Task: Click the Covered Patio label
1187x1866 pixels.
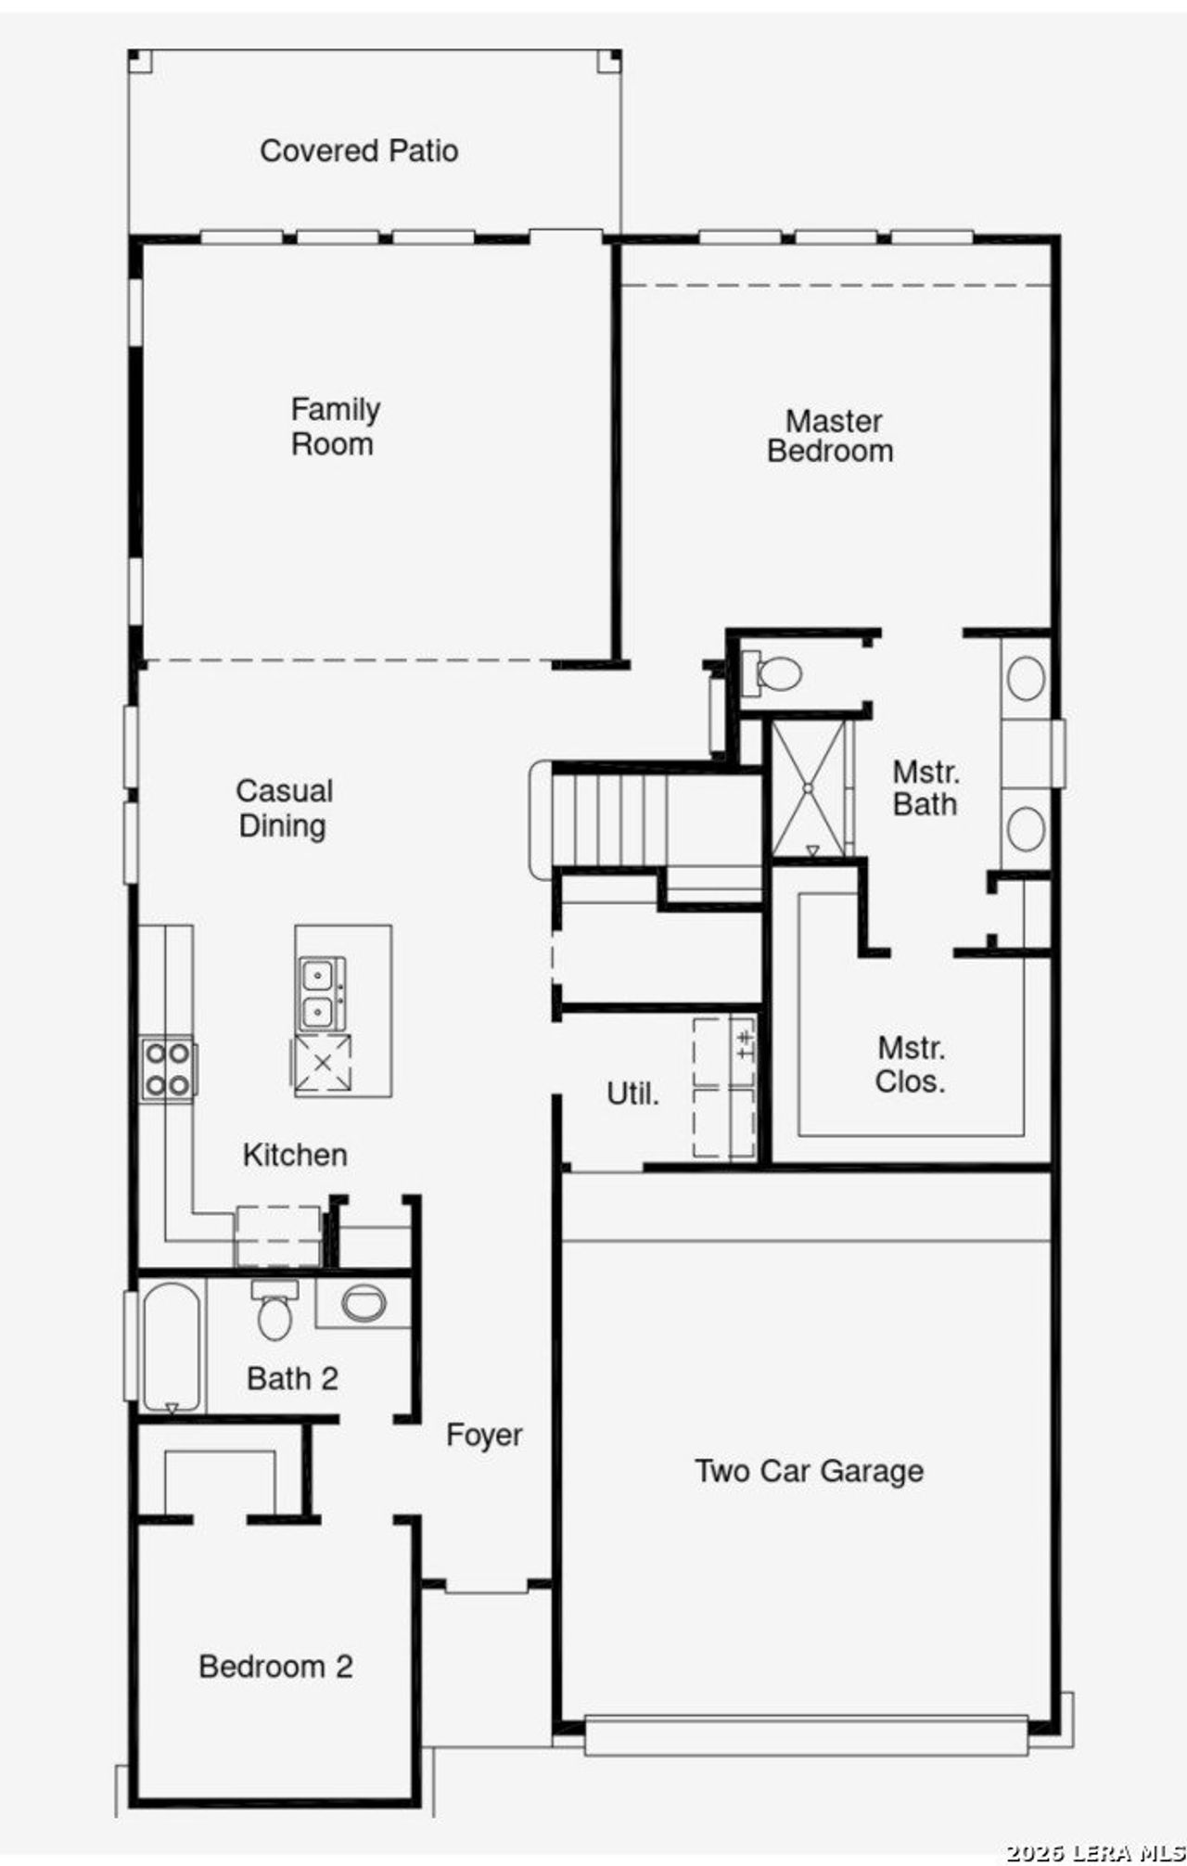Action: (x=359, y=150)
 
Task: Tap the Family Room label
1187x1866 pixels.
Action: (x=334, y=427)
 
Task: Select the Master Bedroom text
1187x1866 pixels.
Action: (x=831, y=436)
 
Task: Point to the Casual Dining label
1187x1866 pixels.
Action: (x=284, y=808)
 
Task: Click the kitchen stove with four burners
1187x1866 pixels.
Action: (x=168, y=1068)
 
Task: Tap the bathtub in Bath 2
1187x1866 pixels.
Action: (x=172, y=1345)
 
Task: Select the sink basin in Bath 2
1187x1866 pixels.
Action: (x=364, y=1302)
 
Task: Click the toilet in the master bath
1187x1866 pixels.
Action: (x=775, y=672)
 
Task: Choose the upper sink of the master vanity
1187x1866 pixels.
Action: (x=1026, y=678)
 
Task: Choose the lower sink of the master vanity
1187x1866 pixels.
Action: (x=1026, y=828)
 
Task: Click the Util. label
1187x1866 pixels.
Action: (x=632, y=1094)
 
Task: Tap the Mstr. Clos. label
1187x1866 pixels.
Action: (x=911, y=1065)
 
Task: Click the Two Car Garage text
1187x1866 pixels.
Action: (x=809, y=1471)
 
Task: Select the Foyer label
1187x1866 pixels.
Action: (x=484, y=1435)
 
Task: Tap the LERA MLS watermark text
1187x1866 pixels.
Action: (x=1095, y=1853)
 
